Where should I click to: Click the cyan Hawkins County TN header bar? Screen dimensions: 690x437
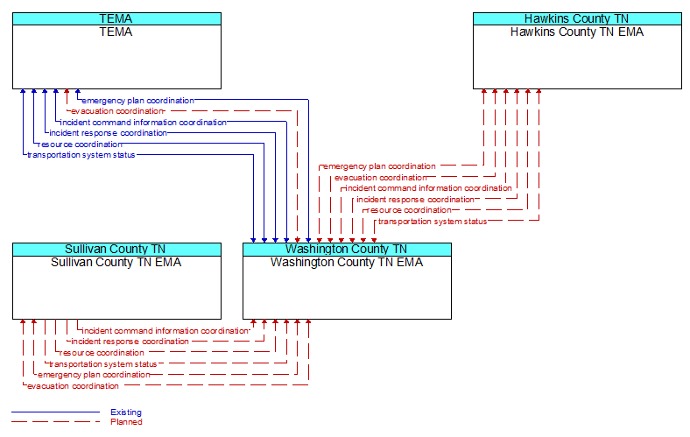tap(577, 19)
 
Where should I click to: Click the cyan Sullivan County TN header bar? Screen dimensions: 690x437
tap(116, 250)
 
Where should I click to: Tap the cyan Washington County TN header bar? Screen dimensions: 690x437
tap(347, 250)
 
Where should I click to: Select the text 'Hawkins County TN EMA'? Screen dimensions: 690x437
tap(577, 32)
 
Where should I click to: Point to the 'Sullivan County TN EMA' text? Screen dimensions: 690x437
tap(116, 263)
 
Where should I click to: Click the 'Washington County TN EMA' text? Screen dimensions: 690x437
tap(347, 263)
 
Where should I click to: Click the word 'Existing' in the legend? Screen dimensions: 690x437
tap(126, 412)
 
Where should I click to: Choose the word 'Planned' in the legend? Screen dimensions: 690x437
tap(126, 422)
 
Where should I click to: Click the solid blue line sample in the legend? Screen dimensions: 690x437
tap(55, 412)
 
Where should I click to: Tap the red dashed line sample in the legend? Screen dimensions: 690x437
tap(55, 422)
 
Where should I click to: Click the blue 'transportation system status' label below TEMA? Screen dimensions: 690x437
tap(81, 155)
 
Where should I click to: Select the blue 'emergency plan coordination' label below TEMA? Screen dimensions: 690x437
tap(138, 101)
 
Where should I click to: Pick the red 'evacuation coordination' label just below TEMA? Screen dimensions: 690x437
tap(117, 111)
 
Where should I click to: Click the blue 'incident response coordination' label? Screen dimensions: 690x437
tap(109, 133)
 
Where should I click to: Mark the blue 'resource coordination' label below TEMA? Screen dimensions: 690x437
tap(80, 144)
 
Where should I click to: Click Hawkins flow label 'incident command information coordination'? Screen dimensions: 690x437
tap(428, 188)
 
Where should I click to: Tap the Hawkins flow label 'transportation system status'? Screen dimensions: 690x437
tap(433, 222)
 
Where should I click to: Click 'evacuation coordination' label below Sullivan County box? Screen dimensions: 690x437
tap(73, 386)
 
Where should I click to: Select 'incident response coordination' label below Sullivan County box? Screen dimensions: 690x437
tap(130, 342)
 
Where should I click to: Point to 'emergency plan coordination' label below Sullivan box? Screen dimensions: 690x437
tap(95, 375)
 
